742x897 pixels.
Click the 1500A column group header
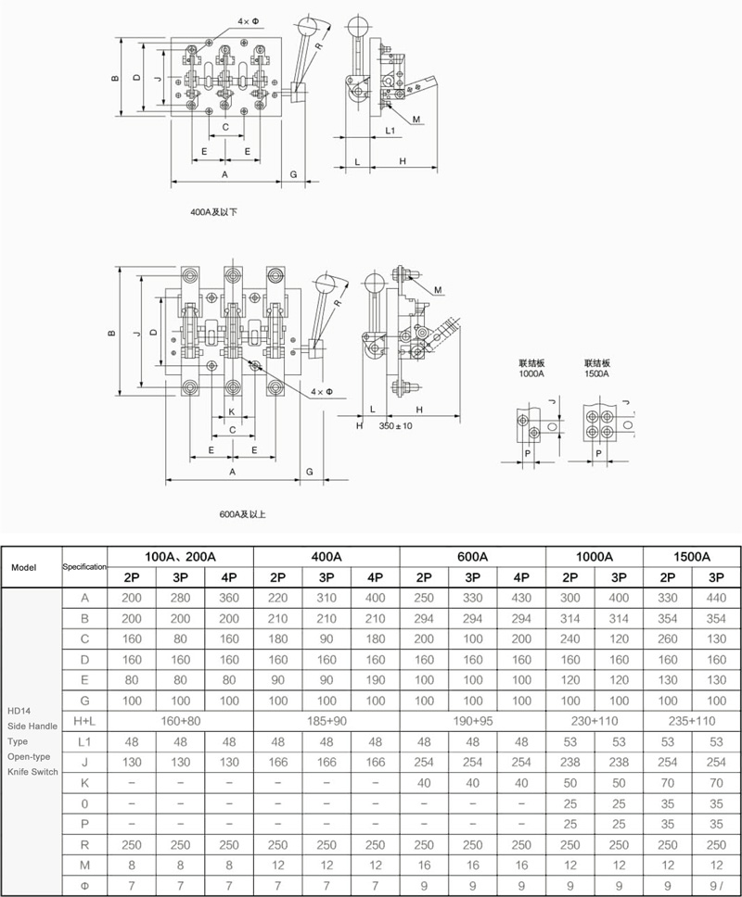pos(692,557)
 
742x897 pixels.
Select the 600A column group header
pos(472,557)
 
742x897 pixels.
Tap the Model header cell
pos(24,567)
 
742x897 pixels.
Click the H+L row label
pos(84,721)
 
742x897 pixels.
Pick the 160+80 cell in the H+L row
pos(180,721)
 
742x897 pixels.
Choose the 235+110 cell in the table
pos(692,721)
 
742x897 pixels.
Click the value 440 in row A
pos(716,598)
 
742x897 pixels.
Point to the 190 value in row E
pos(375,680)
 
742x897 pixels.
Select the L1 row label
pos(84,742)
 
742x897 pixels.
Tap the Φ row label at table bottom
pos(84,886)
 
